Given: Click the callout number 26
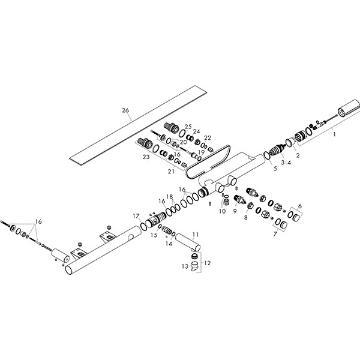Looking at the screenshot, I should [x=125, y=110].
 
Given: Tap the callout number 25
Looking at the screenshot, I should [x=188, y=127].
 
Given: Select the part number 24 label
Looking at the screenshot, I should [x=196, y=132].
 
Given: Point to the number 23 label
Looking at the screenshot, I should [x=145, y=157].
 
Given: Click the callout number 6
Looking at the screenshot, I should [x=300, y=206].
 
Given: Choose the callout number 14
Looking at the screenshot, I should [x=169, y=244].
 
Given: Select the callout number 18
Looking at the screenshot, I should [x=170, y=196].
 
